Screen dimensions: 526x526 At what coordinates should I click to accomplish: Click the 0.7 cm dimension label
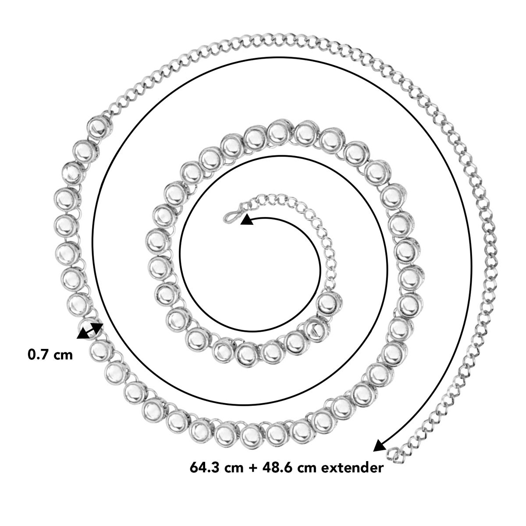tap(50, 355)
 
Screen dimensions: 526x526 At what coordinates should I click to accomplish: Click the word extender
tap(352, 468)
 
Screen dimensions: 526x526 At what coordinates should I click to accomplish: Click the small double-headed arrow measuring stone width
tap(90, 331)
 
